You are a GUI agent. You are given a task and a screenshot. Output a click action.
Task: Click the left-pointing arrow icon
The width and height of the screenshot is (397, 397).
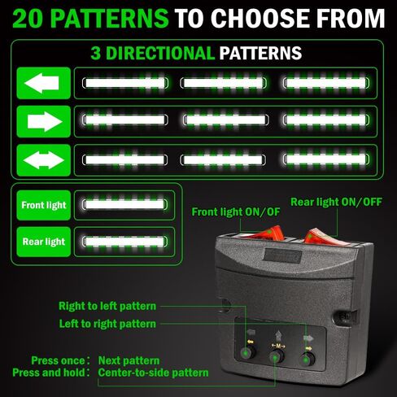coord(43,83)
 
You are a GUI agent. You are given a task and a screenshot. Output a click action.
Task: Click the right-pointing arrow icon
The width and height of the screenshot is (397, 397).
coord(43,121)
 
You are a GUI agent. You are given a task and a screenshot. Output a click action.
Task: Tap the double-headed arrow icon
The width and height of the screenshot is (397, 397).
coord(43,160)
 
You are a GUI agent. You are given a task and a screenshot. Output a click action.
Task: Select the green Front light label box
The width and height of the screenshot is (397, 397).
coord(43,205)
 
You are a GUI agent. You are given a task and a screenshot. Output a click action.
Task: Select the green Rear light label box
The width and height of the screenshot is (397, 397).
coord(43,242)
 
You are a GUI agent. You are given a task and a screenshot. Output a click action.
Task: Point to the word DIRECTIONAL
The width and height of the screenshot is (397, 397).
coord(159,53)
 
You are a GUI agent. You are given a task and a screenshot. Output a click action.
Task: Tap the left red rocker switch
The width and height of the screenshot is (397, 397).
coord(267,233)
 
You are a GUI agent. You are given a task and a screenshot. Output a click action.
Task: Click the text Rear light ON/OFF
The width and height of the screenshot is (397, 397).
coord(336,202)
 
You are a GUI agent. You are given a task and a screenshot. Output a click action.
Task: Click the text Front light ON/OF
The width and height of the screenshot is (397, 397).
coord(236,212)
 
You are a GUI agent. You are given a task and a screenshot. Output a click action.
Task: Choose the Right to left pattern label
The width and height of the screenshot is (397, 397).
coord(107,306)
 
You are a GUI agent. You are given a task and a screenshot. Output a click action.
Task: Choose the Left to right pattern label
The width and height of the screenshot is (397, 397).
coord(107,324)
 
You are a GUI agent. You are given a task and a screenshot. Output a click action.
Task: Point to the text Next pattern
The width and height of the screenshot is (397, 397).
coord(129,360)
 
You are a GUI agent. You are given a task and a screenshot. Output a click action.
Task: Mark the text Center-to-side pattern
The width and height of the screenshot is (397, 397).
coord(153,373)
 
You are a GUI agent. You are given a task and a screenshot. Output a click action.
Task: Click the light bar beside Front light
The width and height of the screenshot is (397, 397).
coord(124,205)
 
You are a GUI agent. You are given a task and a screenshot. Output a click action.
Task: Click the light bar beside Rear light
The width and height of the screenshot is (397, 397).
coord(124,242)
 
